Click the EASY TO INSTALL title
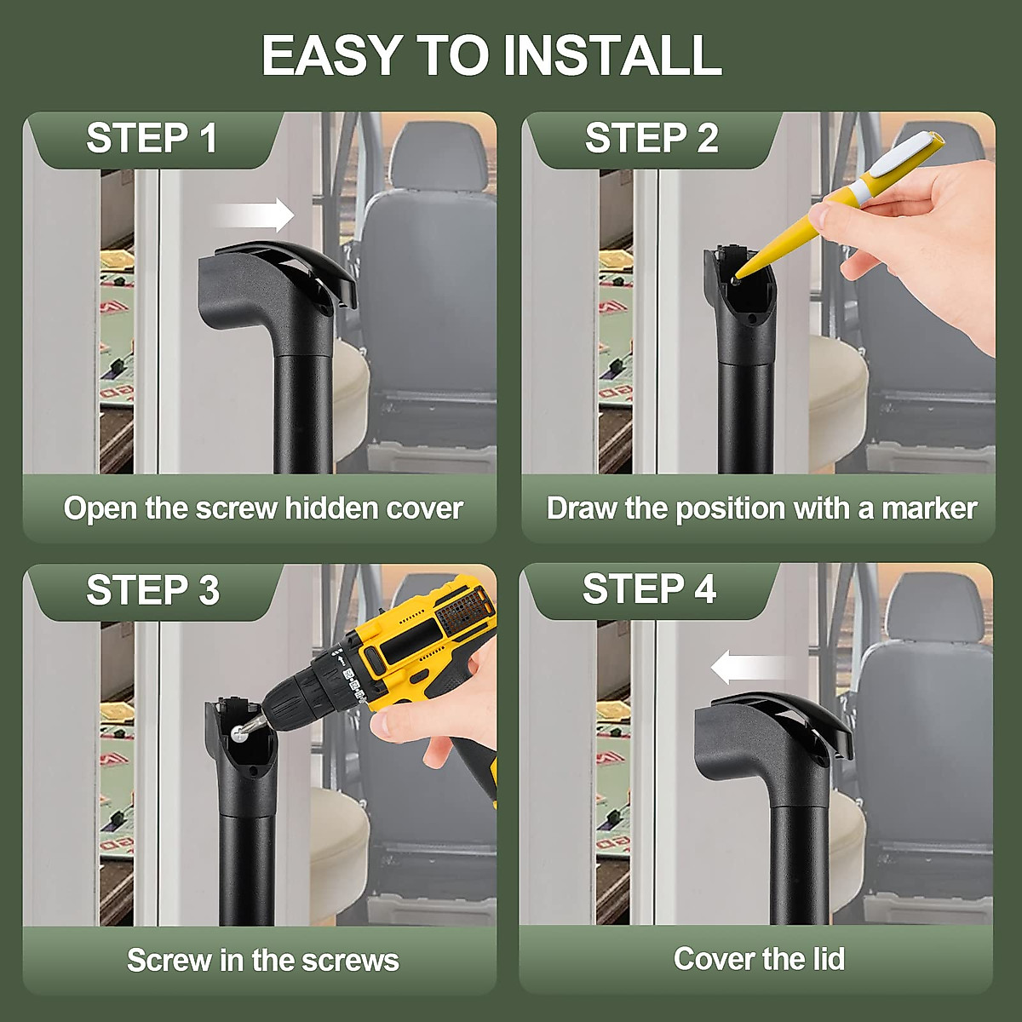(491, 55)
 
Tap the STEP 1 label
(152, 139)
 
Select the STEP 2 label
(652, 139)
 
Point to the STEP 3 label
(152, 590)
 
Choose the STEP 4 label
(649, 589)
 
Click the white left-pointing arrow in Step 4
(749, 667)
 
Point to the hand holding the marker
(928, 238)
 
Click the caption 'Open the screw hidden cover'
(263, 508)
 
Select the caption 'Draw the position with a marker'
(761, 508)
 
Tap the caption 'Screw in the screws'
(263, 960)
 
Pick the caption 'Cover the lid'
(759, 959)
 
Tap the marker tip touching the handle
(737, 275)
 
